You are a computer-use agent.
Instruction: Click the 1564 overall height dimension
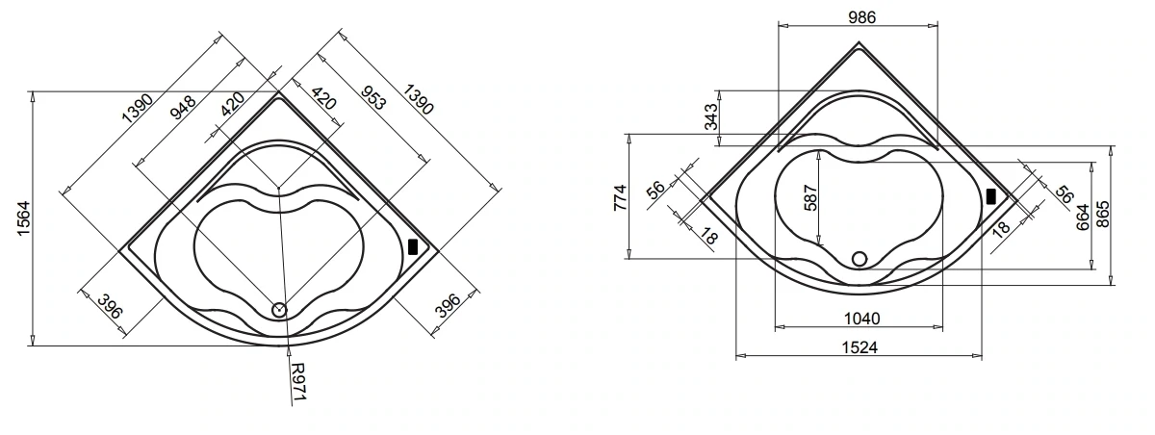point(24,218)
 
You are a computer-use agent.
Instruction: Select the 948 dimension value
point(183,108)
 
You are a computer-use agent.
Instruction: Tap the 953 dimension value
point(372,98)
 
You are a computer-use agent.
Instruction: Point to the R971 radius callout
point(298,381)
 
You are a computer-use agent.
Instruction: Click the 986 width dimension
point(861,17)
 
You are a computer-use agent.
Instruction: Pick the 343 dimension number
point(710,117)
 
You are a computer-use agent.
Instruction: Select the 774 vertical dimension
point(620,197)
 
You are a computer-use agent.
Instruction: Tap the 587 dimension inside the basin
point(810,198)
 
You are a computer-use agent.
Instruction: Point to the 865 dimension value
point(1102,214)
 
